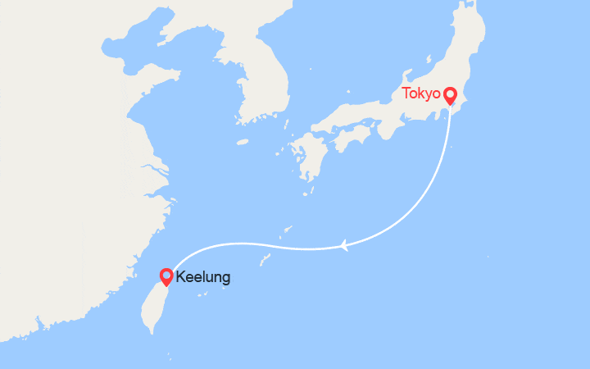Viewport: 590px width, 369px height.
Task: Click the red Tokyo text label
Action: pos(421,93)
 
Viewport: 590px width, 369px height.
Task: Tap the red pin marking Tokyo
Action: pos(450,97)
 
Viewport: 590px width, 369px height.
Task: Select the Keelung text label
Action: pos(203,277)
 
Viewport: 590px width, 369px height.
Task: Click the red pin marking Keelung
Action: pos(166,277)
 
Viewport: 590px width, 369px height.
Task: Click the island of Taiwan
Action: pos(153,303)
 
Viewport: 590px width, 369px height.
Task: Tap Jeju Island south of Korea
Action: pos(242,142)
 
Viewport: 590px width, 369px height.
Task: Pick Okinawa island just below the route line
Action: pos(265,259)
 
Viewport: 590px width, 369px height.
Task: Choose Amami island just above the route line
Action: pos(288,228)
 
